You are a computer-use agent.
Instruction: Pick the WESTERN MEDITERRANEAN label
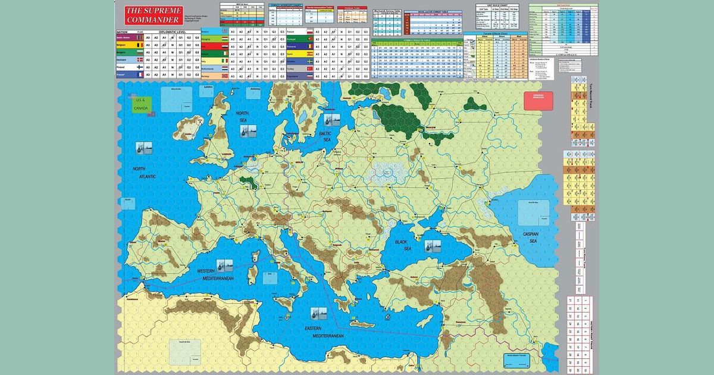coord(215,275)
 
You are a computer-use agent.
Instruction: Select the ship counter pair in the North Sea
coord(243,133)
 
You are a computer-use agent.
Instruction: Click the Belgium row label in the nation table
coord(123,44)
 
